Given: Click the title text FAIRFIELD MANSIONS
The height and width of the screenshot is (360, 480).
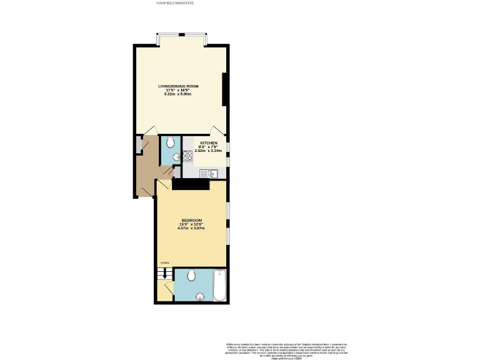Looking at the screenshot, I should click(175, 3).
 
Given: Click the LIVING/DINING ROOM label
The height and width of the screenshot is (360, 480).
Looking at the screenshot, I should click(179, 87).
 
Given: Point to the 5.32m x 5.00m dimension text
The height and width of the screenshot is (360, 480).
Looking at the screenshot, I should click(179, 94).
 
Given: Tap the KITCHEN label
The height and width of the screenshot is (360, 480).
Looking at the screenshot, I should click(209, 142).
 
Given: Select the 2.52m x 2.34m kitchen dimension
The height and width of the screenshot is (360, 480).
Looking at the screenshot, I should click(209, 151).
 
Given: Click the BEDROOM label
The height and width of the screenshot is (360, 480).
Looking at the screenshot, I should click(191, 220).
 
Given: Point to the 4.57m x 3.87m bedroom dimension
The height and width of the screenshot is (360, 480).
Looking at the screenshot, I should click(191, 228).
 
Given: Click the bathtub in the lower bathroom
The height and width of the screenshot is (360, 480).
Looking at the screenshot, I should click(219, 285).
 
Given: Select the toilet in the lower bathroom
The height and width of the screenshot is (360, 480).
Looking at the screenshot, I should click(192, 274).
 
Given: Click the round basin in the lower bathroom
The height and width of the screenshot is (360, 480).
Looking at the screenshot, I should click(201, 297).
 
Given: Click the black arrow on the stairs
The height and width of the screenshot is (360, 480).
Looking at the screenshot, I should click(165, 273).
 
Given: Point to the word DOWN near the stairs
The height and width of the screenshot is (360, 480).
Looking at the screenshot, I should click(165, 262).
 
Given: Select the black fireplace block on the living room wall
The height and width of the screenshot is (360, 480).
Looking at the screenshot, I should click(224, 89).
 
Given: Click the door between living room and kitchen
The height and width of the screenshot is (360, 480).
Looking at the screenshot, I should click(216, 130).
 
